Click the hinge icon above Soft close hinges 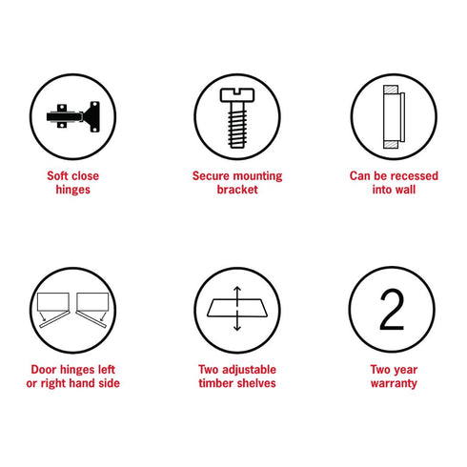73,116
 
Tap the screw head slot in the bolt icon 237,91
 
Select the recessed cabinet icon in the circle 394,116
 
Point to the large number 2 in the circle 392,310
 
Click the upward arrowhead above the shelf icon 237,289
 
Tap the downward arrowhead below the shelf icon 237,328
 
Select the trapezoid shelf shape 237,308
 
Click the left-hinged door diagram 53,310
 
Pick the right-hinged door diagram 92,310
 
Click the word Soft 57,175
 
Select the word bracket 237,190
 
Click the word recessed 415,175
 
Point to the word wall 404,190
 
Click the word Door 44,370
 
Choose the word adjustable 249,370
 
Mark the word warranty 394,384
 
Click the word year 406,370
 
